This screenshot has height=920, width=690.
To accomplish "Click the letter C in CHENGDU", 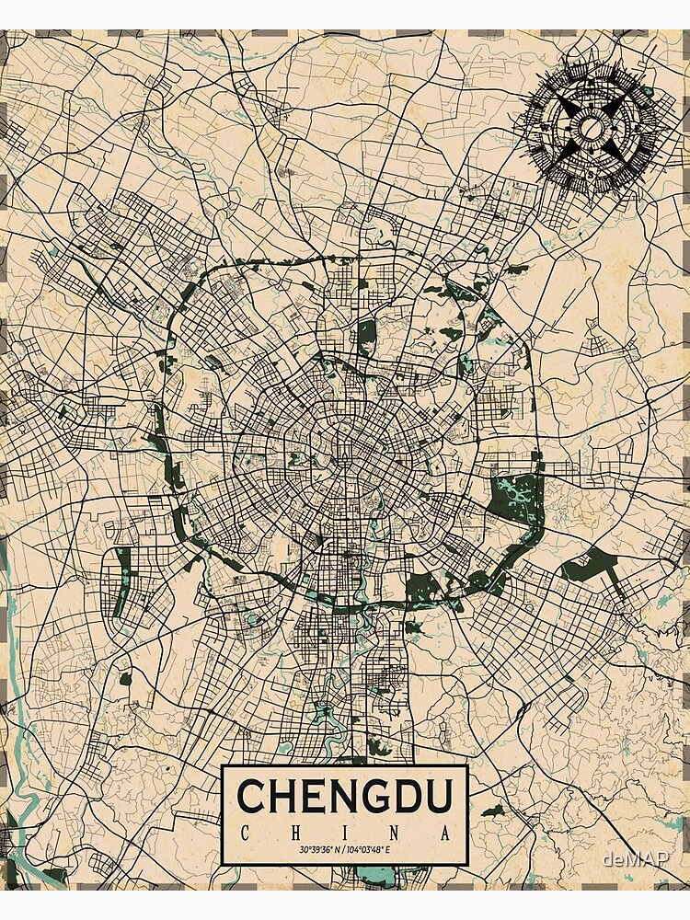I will (x=252, y=797).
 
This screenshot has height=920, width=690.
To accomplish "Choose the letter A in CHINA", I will (x=446, y=834).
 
